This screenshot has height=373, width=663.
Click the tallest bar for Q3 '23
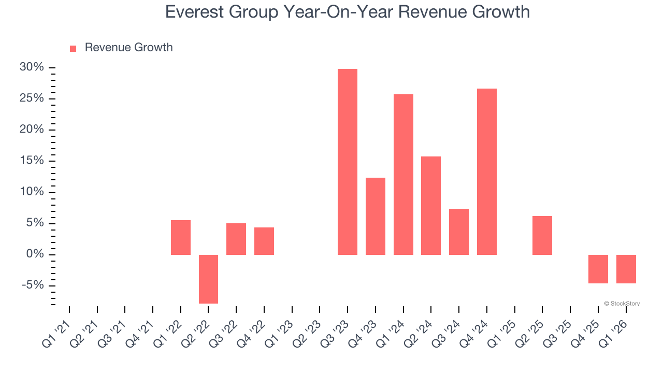coord(348,162)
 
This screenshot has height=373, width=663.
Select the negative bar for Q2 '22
coord(208,279)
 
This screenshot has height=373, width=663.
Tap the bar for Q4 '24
coord(487,171)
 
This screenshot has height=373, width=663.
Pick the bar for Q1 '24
coord(403,175)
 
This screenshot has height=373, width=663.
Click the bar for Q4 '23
coord(376,216)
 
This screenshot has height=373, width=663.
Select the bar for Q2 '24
coord(431,206)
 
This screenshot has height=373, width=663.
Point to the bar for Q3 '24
coord(459,232)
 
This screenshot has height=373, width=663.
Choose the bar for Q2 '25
coord(542,235)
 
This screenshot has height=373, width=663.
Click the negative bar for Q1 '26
coord(626,269)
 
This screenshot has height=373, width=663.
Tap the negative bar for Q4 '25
coord(598,269)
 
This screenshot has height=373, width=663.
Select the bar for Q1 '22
coord(181,237)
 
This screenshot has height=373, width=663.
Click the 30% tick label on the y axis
coord(32,67)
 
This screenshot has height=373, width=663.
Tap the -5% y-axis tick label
coord(33,285)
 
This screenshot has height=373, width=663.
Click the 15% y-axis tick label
coord(32,161)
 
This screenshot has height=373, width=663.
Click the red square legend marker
coord(73,48)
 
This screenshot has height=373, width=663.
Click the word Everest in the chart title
coord(196,11)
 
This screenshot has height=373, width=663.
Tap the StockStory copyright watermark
coord(622,304)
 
